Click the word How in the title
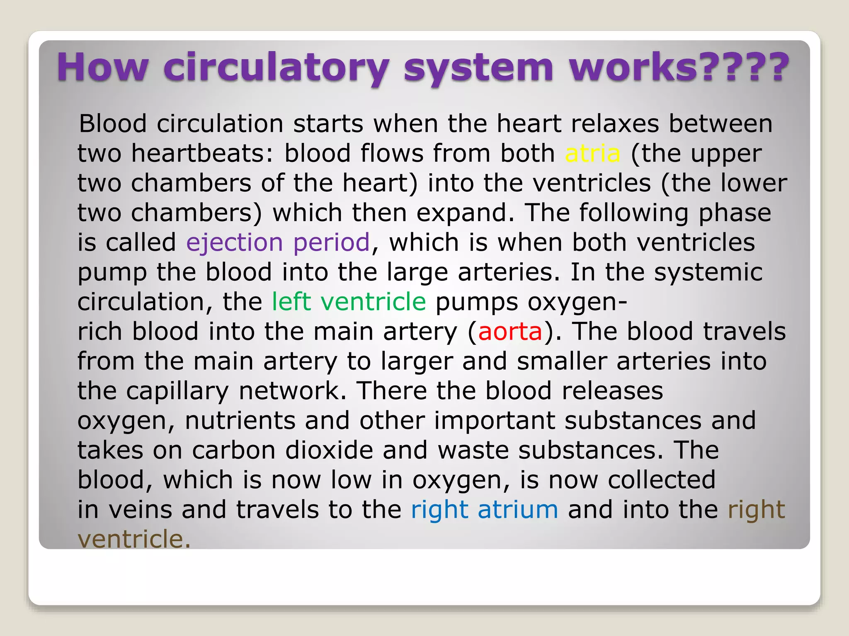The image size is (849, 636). point(102,67)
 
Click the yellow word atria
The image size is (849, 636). point(593,154)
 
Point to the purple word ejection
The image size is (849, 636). point(235,243)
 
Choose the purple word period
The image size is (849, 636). point(332,243)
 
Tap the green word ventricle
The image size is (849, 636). point(373,301)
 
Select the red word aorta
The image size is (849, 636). point(510,332)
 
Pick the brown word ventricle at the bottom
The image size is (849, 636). point(134,539)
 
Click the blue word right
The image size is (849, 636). point(439,510)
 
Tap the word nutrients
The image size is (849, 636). point(240,421)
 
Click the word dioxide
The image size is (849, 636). point(329,450)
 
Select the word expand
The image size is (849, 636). point(462,213)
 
